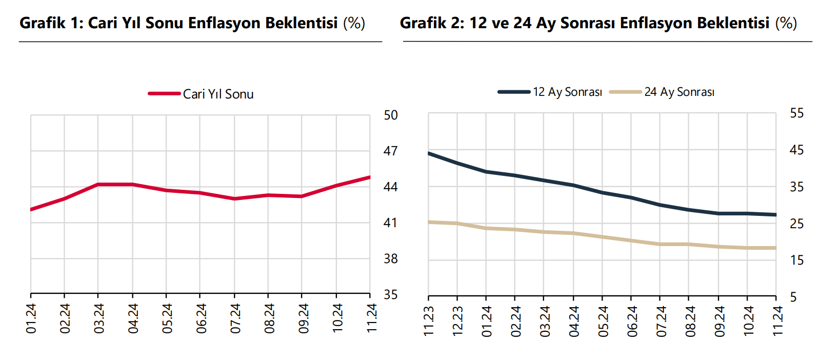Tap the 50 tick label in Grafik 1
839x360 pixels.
pos(391,115)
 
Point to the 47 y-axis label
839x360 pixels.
pos(391,151)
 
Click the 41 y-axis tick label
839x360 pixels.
pos(391,223)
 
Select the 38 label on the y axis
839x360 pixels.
pos(391,259)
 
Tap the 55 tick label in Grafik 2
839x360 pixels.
pos(797,113)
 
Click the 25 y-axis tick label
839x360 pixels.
pos(797,224)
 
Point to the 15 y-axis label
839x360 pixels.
pos(797,261)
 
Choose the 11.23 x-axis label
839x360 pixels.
pos(429,321)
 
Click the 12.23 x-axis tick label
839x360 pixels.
pos(457,321)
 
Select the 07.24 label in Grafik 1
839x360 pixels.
pos(235,318)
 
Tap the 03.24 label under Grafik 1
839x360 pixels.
pos(98,318)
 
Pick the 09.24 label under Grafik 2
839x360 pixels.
pos(719,321)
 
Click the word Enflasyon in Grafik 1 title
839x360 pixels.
pos(224,23)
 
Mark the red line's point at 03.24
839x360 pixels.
pos(98,184)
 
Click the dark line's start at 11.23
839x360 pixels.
pos(429,153)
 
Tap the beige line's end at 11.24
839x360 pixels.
pos(775,248)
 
